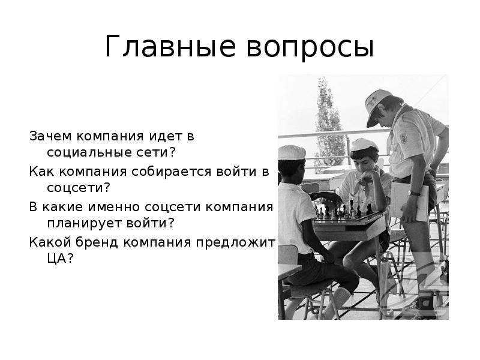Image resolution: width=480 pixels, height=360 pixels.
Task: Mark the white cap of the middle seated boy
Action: point(362,144)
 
